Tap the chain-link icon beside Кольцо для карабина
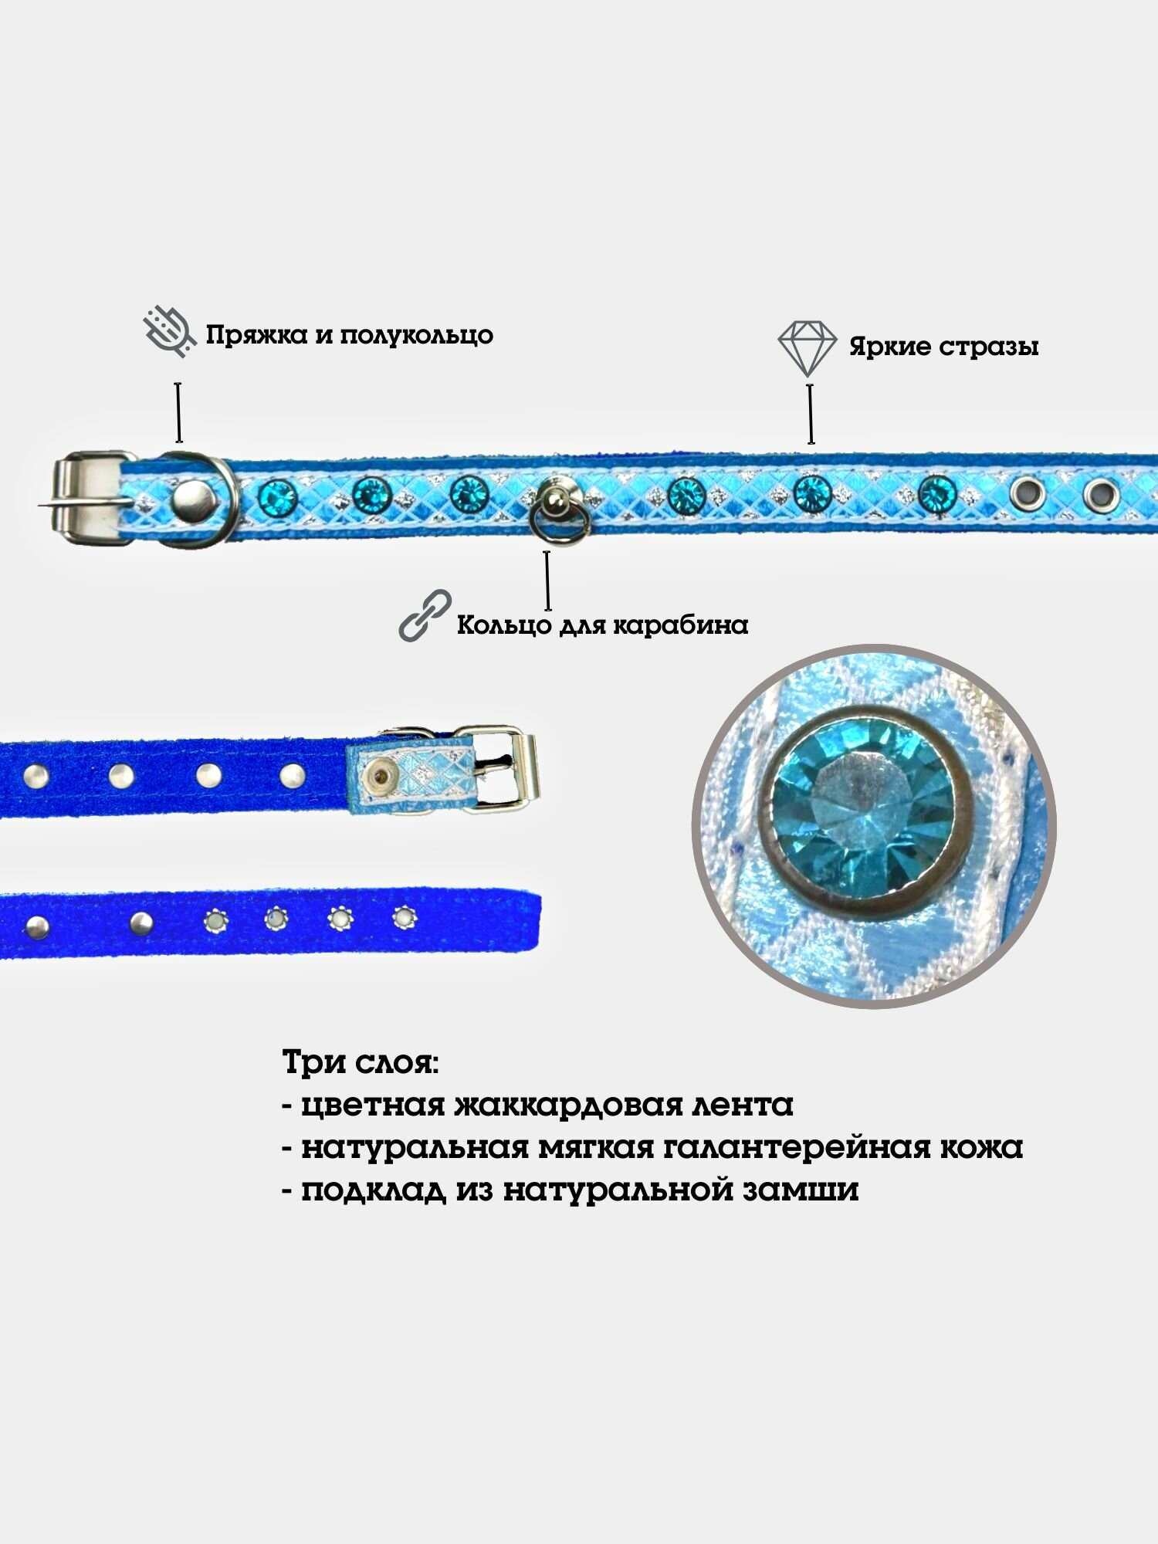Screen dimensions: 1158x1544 pos(425,615)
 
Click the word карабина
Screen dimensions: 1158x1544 pos(680,625)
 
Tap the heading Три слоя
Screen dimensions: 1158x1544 pos(361,1063)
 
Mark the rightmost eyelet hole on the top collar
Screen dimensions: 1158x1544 pos(1100,492)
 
